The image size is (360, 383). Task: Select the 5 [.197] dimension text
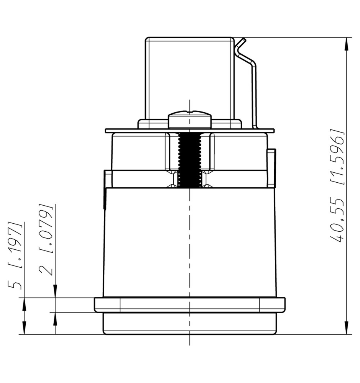pos(15,255)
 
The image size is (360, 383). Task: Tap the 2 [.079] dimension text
pos(46,239)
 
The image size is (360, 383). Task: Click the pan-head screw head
pos(190,119)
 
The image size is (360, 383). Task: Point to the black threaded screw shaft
pos(190,160)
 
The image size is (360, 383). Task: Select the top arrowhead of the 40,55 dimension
pos(346,44)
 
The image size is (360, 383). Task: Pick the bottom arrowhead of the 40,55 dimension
pos(346,328)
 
